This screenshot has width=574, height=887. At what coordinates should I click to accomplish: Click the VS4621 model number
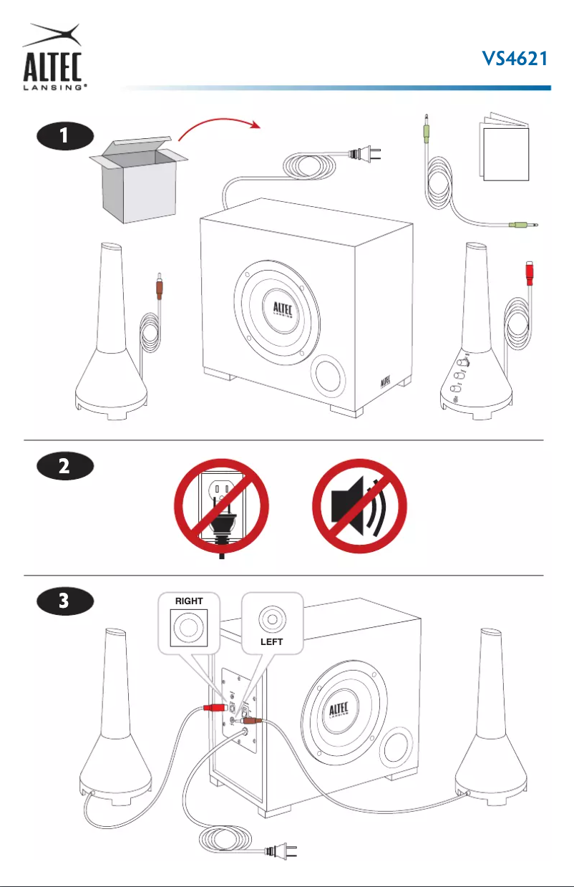click(515, 59)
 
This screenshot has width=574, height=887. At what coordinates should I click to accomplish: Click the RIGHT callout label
click(189, 601)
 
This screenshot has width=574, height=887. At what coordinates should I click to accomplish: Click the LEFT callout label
click(271, 641)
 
